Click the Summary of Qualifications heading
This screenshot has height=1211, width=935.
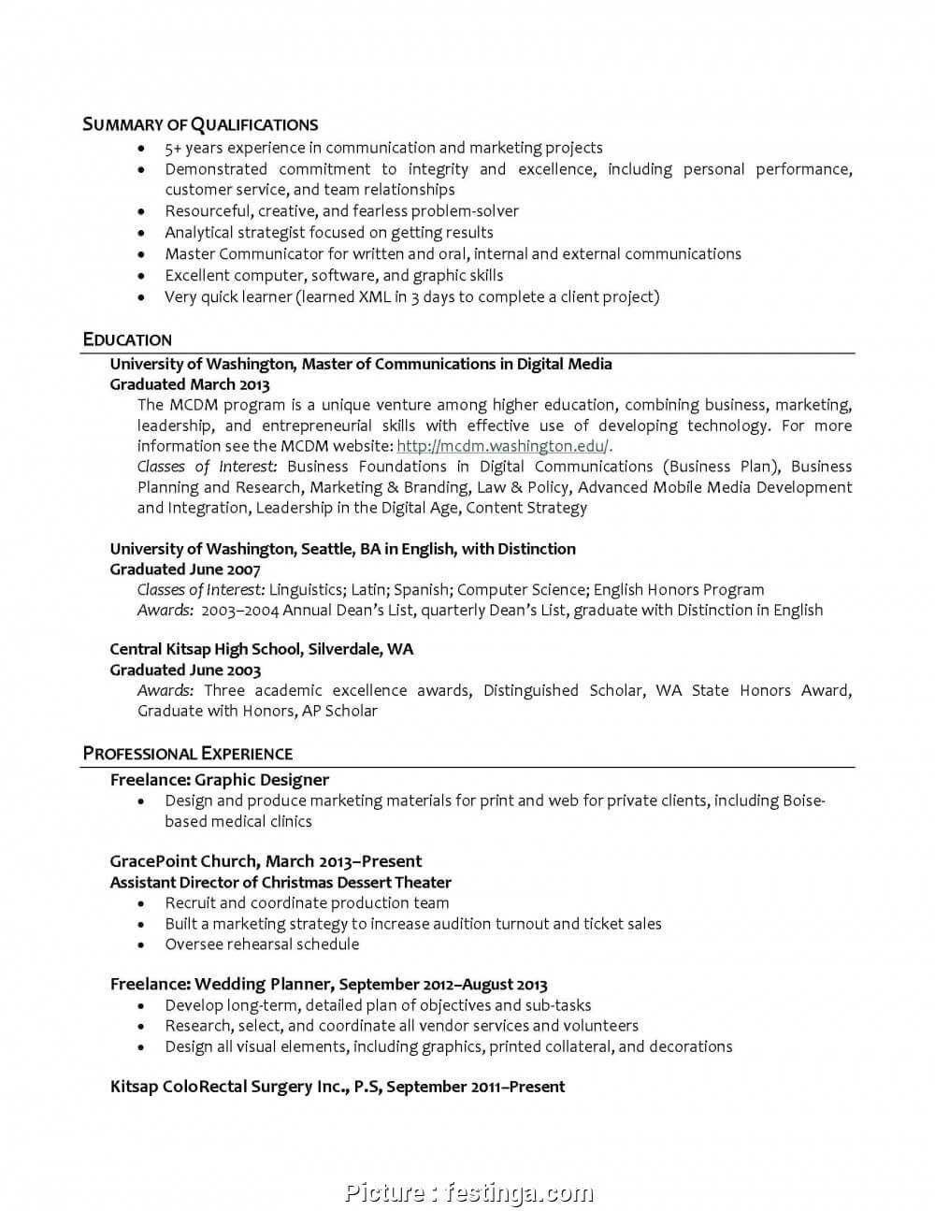pos(200,124)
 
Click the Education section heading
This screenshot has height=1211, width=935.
pos(127,339)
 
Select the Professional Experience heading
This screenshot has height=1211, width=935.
pos(187,754)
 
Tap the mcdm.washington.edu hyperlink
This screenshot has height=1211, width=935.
pos(502,446)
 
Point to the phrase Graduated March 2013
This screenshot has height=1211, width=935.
pos(190,384)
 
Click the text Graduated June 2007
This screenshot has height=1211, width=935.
pos(185,569)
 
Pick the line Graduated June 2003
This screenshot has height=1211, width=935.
pos(185,670)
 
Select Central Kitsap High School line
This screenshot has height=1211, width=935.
pos(261,649)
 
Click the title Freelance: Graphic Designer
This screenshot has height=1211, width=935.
pos(220,780)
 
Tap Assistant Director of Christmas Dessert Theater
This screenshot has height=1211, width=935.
pos(280,882)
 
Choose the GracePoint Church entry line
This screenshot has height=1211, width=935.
pos(266,861)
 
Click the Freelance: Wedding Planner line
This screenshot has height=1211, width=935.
pos(328,984)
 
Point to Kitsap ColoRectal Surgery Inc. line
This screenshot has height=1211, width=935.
pos(337,1087)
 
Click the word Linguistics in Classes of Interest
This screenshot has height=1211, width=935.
pos(308,590)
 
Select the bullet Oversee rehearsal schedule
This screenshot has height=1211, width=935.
pos(262,944)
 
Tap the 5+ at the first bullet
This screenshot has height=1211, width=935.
pos(173,148)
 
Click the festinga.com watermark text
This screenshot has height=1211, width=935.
pos(519,1192)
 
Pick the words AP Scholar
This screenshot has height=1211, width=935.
pos(339,711)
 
